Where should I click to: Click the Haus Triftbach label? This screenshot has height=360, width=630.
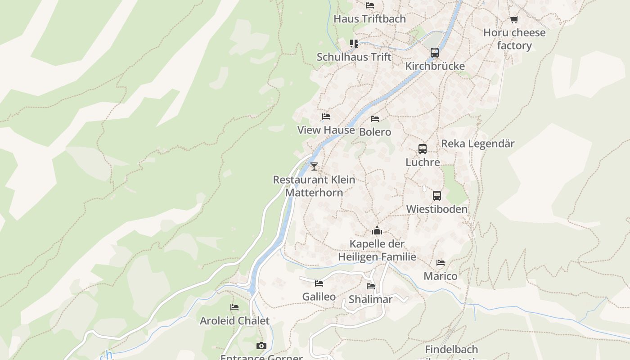point(369,19)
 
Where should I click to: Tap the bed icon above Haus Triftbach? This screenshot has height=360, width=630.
point(370,5)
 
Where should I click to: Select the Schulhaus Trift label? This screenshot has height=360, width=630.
point(354,57)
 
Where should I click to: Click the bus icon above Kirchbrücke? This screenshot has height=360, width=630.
point(435,52)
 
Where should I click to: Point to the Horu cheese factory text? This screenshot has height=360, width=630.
point(514,39)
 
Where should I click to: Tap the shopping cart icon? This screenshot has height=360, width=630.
point(514,19)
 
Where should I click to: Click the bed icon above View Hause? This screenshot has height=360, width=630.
point(326,117)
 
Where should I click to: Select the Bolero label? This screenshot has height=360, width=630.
point(375,132)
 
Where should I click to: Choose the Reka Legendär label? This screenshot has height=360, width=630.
point(477,144)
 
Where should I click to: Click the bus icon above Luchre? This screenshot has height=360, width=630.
point(423,148)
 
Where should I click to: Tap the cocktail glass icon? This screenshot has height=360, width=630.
point(314,166)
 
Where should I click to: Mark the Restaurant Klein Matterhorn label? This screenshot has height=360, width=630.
point(314,186)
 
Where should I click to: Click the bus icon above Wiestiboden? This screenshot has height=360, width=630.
point(437,196)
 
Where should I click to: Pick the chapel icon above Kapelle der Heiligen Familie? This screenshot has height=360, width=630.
point(377,231)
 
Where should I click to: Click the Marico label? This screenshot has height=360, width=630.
point(440,276)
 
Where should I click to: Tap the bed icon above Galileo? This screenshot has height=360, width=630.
point(319,283)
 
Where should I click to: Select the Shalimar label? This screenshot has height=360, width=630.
point(370,299)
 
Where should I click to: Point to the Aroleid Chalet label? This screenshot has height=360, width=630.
point(234,321)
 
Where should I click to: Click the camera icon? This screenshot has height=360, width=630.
point(261,346)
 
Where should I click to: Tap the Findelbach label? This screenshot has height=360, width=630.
point(451,349)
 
